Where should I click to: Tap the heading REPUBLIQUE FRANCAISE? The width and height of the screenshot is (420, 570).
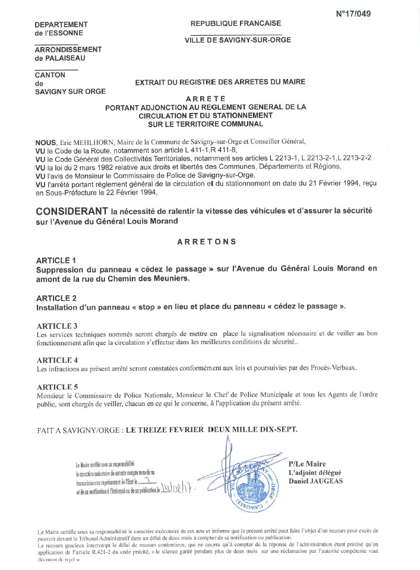pos(236,23)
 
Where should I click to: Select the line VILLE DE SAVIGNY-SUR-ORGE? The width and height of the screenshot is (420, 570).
pos(235,40)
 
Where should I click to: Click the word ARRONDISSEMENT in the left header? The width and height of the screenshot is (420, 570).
pos(68,49)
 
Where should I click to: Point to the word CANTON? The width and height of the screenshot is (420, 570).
pos(50,75)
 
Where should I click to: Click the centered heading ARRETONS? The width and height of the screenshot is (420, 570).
pos(207,242)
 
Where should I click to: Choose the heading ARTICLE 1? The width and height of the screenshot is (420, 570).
pos(56,260)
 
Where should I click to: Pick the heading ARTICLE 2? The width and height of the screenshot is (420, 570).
pos(56,298)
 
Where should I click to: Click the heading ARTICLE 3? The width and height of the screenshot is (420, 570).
pos(57,326)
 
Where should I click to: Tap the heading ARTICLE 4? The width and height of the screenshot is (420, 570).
pos(57,360)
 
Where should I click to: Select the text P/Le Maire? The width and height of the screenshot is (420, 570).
pos(307,464)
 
